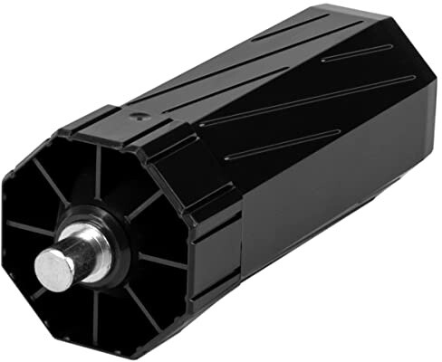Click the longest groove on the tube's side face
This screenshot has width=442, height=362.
point(299,100)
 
